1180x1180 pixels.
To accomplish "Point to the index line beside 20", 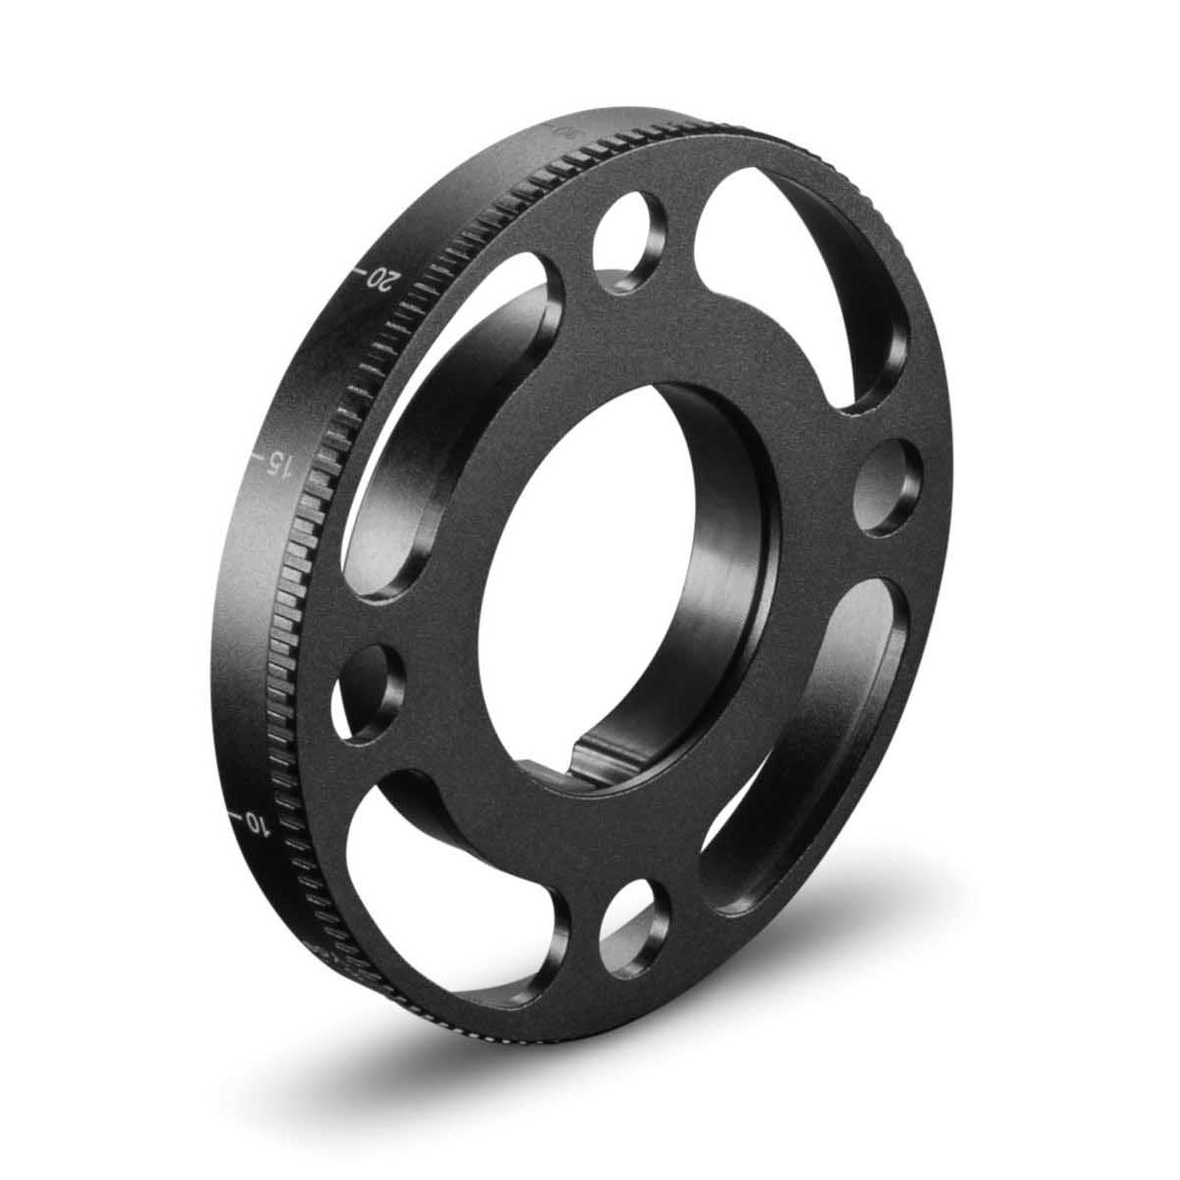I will pos(361,267).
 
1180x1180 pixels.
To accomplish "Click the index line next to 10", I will pos(235,814).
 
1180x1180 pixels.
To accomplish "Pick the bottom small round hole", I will pos(630,911).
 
